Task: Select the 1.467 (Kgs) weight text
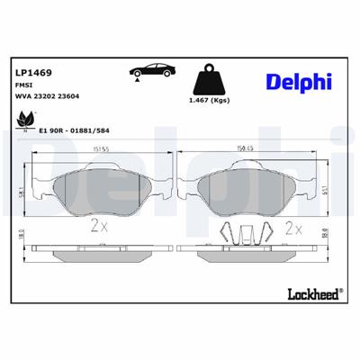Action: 211,102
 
